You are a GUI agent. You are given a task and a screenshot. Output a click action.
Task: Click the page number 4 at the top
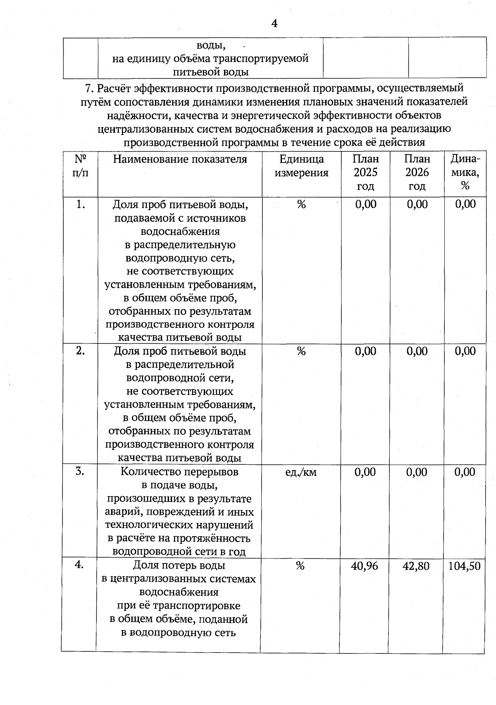pyautogui.click(x=274, y=24)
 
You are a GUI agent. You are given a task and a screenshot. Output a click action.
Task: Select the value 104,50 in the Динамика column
pyautogui.click(x=465, y=566)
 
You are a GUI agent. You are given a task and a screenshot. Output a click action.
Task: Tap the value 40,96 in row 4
pyautogui.click(x=365, y=566)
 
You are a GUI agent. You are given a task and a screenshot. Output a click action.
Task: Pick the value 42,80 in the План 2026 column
pyautogui.click(x=416, y=566)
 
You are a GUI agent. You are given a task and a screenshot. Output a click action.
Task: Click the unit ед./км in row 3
pyautogui.click(x=301, y=472)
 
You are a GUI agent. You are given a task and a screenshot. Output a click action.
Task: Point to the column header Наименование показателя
pyautogui.click(x=180, y=159)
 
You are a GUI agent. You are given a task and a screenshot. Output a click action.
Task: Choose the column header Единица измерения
pyautogui.click(x=301, y=166)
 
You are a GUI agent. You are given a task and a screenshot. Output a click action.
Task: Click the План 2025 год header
pyautogui.click(x=365, y=173)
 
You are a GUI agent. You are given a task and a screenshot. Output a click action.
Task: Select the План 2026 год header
pyautogui.click(x=417, y=173)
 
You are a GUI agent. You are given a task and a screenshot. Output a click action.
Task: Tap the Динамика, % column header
pyautogui.click(x=465, y=173)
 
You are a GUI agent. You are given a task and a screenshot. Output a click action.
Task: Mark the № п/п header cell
pyautogui.click(x=81, y=166)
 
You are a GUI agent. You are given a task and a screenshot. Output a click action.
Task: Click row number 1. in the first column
pyautogui.click(x=81, y=204)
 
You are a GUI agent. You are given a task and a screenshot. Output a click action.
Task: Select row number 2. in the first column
pyautogui.click(x=81, y=351)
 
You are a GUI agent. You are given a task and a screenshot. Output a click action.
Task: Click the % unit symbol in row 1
pyautogui.click(x=301, y=204)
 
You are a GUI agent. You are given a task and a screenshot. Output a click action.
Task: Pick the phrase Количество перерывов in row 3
pyautogui.click(x=179, y=472)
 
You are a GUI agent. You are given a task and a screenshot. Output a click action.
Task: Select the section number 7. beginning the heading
pyautogui.click(x=90, y=88)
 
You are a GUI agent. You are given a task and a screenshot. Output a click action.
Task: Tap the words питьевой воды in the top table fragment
pyautogui.click(x=210, y=72)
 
